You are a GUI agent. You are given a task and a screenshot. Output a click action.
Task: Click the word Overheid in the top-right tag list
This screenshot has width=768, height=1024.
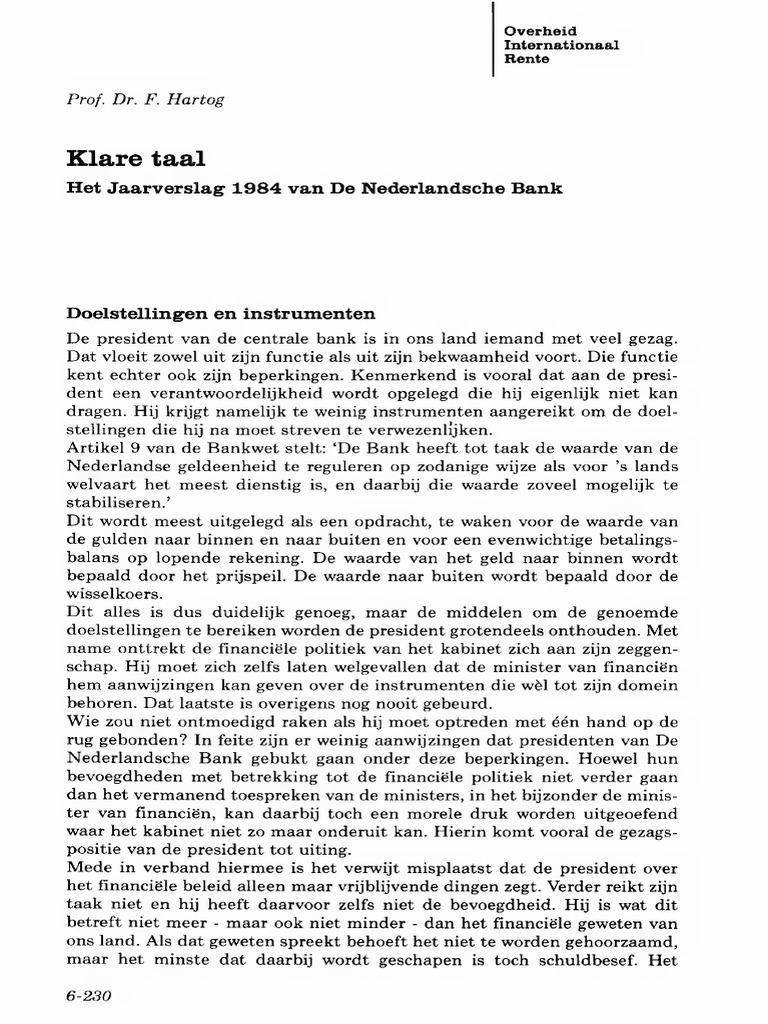point(541,32)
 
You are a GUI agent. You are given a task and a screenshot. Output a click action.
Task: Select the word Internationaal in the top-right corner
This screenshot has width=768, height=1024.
point(561,45)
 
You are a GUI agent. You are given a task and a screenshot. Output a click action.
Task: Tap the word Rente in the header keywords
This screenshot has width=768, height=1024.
point(527,59)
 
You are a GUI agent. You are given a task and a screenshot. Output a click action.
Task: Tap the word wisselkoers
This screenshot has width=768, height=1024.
point(109,595)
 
